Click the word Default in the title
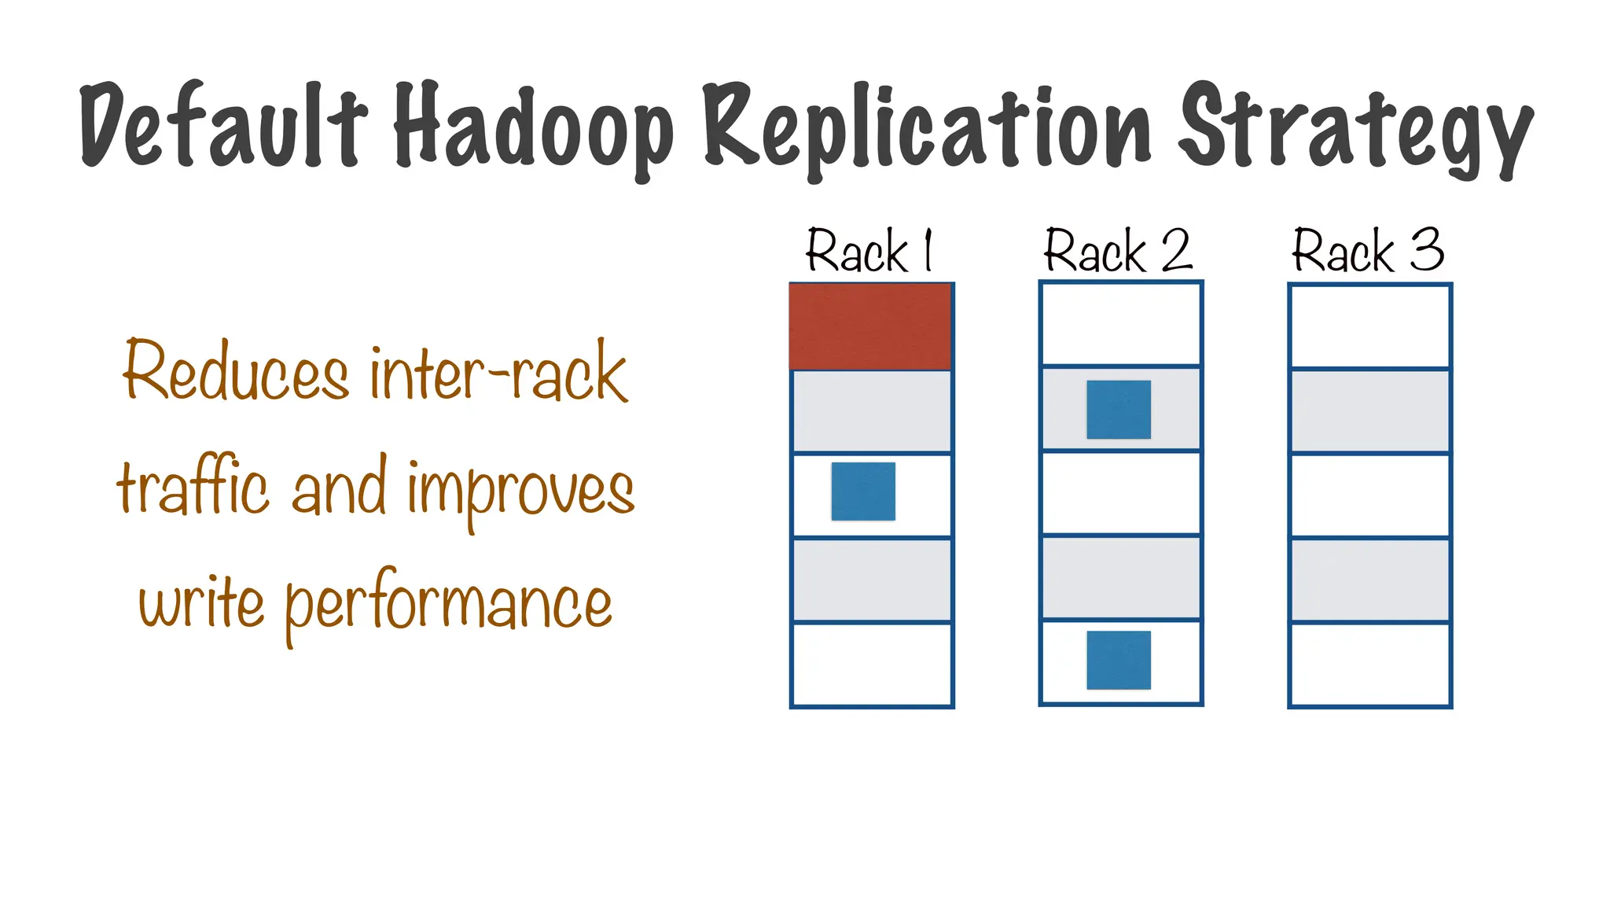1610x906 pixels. click(223, 126)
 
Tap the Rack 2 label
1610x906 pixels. click(1118, 252)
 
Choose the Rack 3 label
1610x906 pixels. click(1368, 252)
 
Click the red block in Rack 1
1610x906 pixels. click(870, 326)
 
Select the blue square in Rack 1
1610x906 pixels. click(863, 492)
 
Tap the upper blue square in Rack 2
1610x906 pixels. click(1119, 410)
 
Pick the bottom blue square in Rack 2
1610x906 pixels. click(1119, 660)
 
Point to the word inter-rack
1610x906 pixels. click(498, 373)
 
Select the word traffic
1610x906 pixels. click(193, 487)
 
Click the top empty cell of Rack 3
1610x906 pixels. click(1369, 326)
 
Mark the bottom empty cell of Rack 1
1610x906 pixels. click(872, 665)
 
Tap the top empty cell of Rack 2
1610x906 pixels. click(1120, 323)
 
